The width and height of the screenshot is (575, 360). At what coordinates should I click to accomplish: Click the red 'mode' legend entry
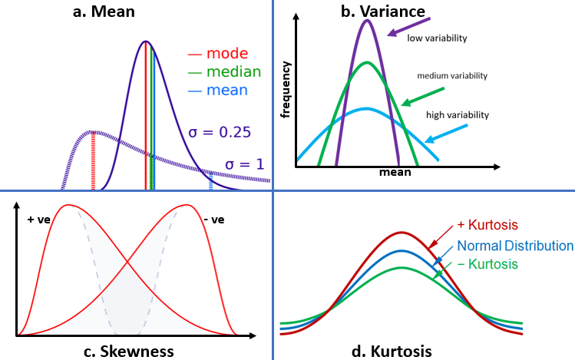218,54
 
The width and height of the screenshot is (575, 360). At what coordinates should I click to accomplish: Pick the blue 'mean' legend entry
218,90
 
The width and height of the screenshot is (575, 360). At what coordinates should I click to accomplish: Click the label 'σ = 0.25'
220,131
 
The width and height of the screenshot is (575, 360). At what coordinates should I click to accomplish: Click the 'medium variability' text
452,76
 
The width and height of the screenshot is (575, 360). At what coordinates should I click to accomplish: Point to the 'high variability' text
458,114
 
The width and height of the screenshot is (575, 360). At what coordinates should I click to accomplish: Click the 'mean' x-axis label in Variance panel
395,173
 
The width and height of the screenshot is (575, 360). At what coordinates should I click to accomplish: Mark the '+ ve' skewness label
38,220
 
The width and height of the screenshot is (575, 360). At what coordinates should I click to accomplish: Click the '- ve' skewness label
214,220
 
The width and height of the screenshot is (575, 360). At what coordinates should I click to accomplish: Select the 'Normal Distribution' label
515,246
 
